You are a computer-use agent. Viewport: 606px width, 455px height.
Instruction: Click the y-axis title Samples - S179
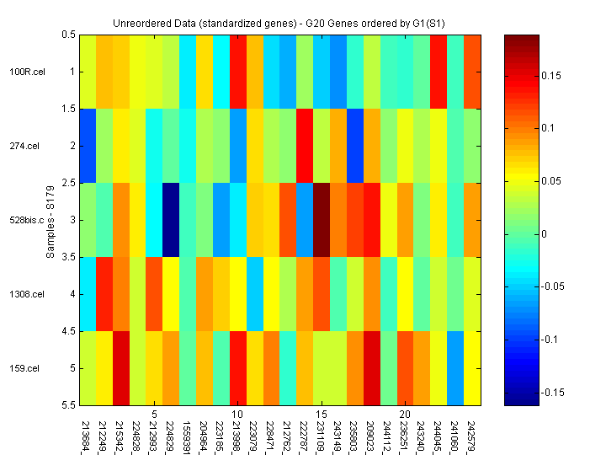coord(50,221)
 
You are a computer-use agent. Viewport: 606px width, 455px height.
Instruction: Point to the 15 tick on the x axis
coord(322,415)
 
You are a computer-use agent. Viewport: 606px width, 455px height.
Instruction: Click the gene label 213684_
coord(88,435)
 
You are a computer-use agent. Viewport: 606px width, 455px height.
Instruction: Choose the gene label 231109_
coord(322,435)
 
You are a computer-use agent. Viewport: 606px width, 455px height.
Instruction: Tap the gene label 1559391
coord(188,435)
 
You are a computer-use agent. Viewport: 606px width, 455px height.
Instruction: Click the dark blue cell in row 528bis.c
coord(171,220)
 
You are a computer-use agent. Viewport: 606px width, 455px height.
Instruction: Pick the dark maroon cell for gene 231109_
coord(322,220)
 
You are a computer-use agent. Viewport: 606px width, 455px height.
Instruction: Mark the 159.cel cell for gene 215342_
coord(121,368)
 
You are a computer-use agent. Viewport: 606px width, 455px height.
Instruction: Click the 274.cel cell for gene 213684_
coord(88,146)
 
